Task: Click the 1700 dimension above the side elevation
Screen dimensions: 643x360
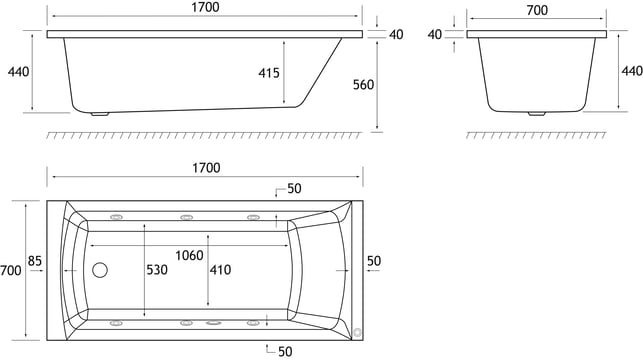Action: pos(205,7)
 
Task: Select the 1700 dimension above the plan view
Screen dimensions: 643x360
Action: pos(206,168)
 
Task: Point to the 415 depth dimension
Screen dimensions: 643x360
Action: pos(269,73)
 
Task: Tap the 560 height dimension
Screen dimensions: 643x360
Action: pos(363,84)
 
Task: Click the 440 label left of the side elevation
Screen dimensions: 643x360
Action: pos(18,72)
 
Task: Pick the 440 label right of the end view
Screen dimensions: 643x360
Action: pos(632,71)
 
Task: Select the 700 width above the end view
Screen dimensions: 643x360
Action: pos(537,10)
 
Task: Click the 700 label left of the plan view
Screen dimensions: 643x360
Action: pos(11,270)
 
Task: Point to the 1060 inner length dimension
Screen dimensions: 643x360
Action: pos(189,255)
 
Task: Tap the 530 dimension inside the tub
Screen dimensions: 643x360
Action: pos(157,270)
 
